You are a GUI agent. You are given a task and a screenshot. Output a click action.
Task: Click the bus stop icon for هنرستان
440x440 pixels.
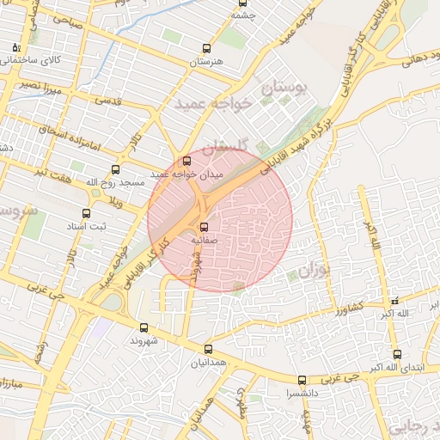coord(205,49)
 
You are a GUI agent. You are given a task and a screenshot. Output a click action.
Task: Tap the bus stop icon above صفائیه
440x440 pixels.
coord(204,228)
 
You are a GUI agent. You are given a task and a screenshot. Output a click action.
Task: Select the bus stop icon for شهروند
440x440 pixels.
coord(144,327)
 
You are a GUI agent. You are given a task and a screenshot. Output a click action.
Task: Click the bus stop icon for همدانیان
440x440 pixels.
coord(208,349)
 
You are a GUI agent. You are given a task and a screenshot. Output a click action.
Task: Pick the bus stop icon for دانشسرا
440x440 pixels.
coord(301,380)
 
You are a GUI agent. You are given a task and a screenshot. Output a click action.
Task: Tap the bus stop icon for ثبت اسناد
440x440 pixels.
coord(86,213)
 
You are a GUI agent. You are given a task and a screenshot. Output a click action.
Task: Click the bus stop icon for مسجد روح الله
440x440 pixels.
coord(116,170)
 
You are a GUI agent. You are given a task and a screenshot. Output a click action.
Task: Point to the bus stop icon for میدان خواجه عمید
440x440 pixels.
coord(186,161)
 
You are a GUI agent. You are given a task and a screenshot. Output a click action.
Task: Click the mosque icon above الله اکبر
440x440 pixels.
coord(394,302)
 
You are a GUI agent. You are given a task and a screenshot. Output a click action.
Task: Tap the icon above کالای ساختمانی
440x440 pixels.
coord(15,47)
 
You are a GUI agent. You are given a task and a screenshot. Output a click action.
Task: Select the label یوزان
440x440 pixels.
coord(315,272)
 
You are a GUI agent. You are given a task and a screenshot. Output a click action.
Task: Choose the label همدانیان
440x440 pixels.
coord(209,364)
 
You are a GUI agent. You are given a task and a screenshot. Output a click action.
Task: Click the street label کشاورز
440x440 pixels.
coord(354,307)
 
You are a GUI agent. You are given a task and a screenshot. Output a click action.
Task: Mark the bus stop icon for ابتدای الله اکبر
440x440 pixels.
coord(396,354)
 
